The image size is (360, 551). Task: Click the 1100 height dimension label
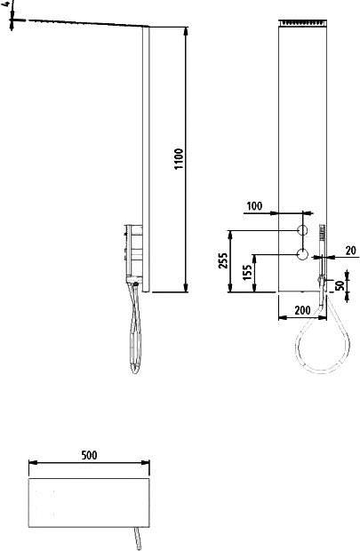pos(179,159)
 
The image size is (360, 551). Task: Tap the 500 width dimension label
pos(89,455)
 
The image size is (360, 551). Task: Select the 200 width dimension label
pos(302,310)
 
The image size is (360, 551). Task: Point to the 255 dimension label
pos(224,260)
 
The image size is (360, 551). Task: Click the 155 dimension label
pos(247,272)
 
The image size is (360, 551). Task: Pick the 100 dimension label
pos(254,206)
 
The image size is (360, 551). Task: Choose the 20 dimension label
pos(350,251)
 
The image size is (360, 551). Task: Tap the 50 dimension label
pos(340,285)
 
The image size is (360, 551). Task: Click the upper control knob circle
pos(302,230)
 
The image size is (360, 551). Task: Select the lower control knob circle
pos(302,253)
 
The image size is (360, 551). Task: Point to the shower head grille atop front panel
pos(303,22)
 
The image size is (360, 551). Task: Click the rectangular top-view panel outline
pos(89,478)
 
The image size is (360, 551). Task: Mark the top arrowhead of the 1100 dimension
pos(187,30)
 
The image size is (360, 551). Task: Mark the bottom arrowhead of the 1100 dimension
pos(187,288)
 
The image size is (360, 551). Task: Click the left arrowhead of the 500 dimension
pos(32,462)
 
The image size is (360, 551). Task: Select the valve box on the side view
pos(133,251)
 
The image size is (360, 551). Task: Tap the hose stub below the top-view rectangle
pos(139,539)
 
